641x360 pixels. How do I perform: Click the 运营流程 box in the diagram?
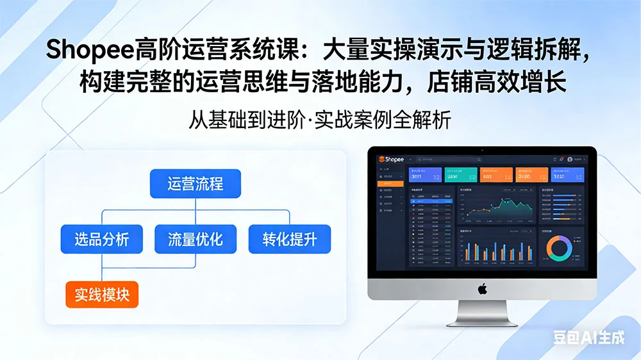pos(195,184)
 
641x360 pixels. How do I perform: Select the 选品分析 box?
pos(101,240)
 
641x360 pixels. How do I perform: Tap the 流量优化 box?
pos(195,240)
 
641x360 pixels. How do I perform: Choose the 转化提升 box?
pos(290,240)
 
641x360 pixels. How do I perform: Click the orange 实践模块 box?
pos(102,295)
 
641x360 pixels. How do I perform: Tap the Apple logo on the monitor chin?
pos(482,289)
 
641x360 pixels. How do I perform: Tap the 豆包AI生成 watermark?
pos(588,338)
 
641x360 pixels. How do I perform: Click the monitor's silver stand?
pos(483,313)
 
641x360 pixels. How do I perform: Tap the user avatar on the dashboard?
pos(570,159)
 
